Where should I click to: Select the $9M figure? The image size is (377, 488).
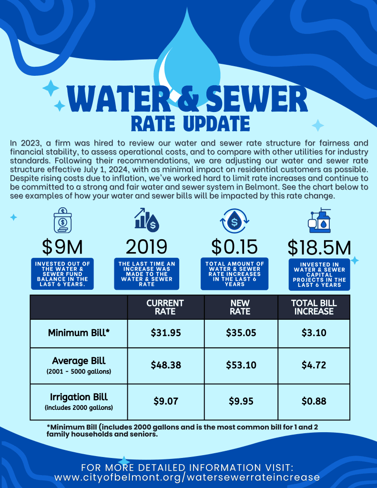(x=62, y=247)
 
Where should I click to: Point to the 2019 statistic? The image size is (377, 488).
(x=146, y=247)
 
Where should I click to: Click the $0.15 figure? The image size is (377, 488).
(x=234, y=247)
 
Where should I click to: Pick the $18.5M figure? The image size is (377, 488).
(x=319, y=248)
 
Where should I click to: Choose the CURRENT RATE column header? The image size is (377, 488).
(x=165, y=307)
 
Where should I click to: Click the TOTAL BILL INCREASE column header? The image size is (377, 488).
(x=314, y=307)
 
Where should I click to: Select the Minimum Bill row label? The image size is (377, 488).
(x=79, y=333)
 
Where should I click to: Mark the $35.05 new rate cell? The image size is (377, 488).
(x=241, y=333)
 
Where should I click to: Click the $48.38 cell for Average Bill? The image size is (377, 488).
(x=165, y=366)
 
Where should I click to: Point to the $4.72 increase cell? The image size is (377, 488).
(x=314, y=366)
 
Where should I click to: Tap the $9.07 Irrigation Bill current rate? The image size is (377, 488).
(x=165, y=401)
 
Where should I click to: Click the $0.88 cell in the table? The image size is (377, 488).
(x=314, y=401)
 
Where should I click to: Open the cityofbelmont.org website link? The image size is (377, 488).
(x=187, y=477)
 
